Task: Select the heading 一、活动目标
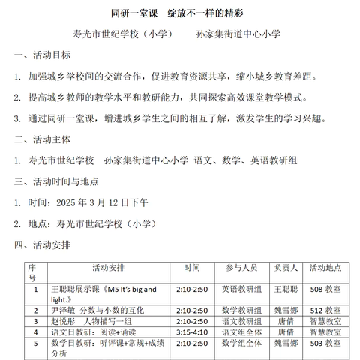(44, 55)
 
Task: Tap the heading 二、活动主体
(44, 138)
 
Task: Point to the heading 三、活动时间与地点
(61, 181)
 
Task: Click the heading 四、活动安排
(44, 244)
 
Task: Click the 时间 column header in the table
(191, 267)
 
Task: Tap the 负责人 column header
(286, 267)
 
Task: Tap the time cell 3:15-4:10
(191, 331)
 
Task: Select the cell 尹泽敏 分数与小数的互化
(96, 309)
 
